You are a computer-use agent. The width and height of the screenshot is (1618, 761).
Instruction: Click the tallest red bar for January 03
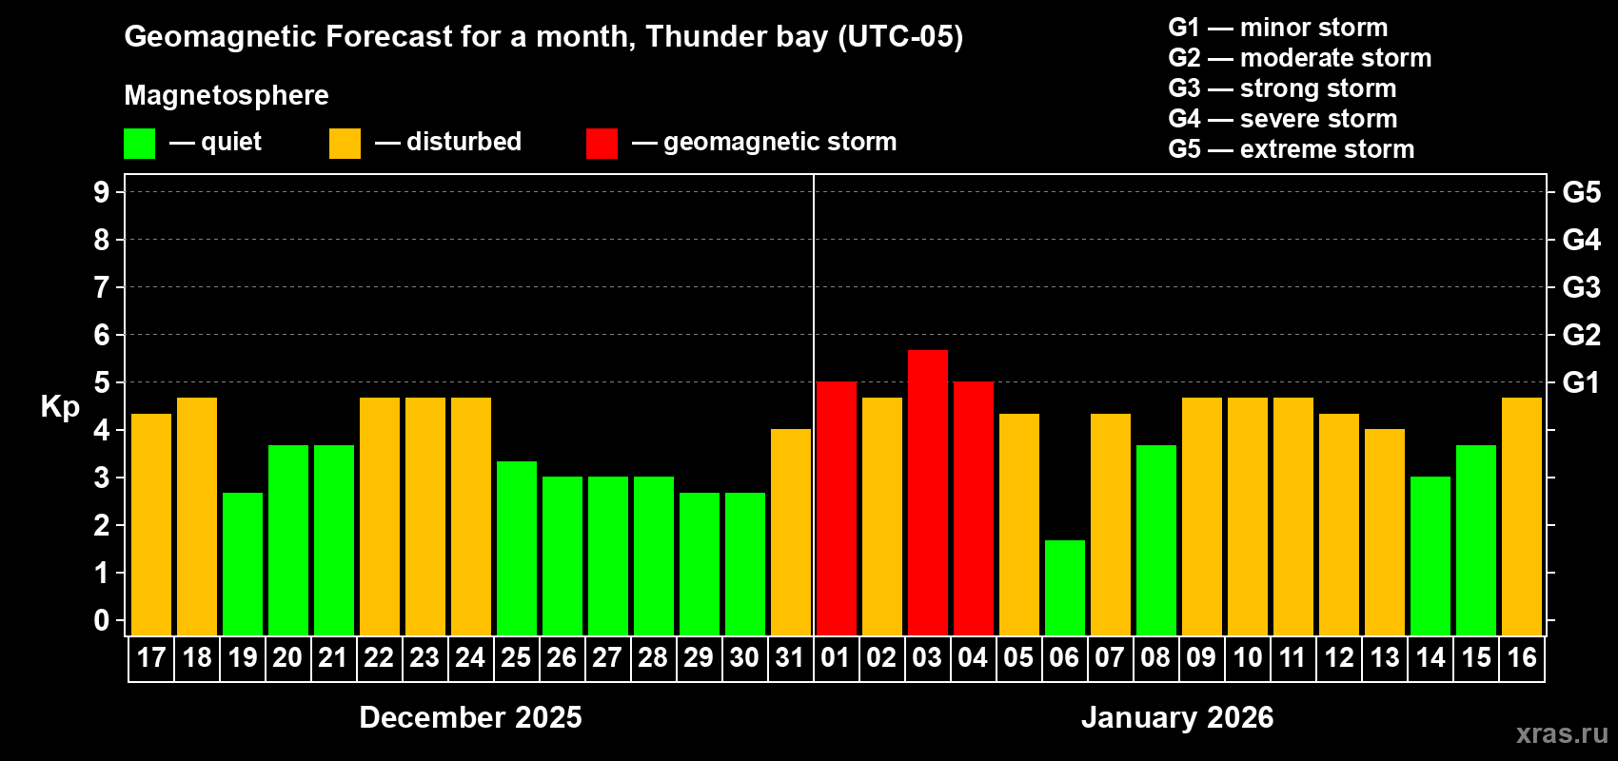[x=928, y=493]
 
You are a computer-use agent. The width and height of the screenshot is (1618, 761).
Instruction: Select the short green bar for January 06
[x=1065, y=588]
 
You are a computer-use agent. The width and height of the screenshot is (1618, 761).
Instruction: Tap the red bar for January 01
[x=837, y=509]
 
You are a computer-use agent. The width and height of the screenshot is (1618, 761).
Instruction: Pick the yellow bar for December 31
[x=791, y=533]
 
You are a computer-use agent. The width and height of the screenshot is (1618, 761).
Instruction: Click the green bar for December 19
[x=243, y=564]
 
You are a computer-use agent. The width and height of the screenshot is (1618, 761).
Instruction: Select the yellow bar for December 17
[x=151, y=524]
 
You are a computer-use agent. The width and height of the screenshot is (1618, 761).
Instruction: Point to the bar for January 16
[x=1522, y=517]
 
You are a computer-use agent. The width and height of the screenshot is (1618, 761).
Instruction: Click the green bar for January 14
[x=1431, y=556]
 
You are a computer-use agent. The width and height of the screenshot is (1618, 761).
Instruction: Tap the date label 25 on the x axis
[x=516, y=658]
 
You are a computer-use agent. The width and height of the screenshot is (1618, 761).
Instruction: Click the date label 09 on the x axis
[x=1201, y=658]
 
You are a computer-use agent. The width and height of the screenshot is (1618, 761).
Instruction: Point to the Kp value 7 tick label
[x=102, y=287]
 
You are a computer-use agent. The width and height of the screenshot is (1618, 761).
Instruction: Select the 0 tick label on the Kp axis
[x=102, y=621]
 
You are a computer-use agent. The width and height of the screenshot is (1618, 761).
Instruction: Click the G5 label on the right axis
[x=1581, y=192]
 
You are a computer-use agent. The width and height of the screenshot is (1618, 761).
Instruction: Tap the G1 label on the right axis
[x=1581, y=382]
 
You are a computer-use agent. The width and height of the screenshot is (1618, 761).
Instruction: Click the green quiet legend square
[x=140, y=144]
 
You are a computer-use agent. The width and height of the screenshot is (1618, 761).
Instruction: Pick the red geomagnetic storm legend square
[x=602, y=144]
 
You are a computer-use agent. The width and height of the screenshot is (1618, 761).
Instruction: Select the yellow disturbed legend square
[x=345, y=144]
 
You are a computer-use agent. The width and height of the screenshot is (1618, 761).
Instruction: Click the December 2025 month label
[x=470, y=717]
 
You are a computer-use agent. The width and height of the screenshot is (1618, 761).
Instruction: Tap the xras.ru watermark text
[x=1562, y=733]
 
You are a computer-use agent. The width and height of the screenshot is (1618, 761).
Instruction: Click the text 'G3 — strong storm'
[x=1282, y=88]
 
